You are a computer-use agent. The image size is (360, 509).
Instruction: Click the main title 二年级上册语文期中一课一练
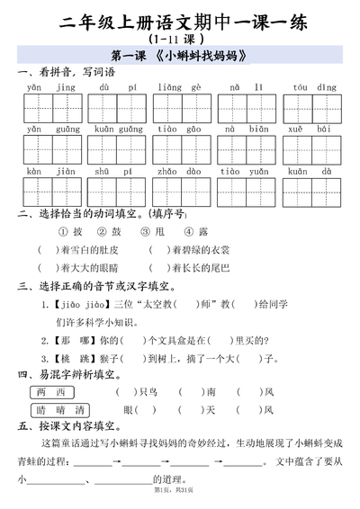pos(181,22)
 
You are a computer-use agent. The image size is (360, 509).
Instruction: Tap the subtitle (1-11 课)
pos(179,40)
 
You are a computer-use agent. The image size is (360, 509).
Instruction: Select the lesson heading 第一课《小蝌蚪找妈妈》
pos(180,58)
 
